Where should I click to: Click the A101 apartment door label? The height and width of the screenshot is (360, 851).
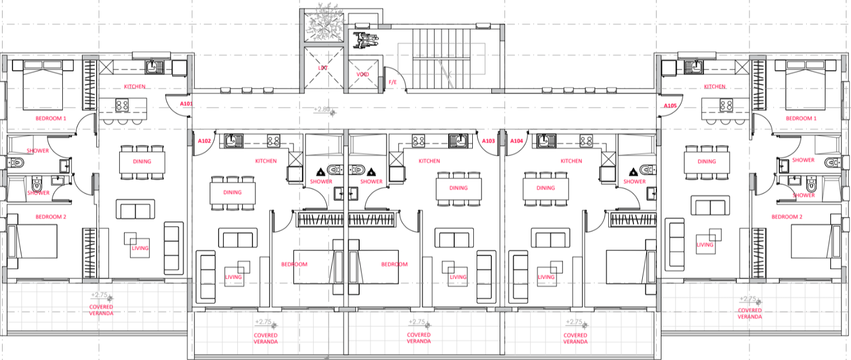186,103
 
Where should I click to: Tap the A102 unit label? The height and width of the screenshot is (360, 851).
204,141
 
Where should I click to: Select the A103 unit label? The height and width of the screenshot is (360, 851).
489,141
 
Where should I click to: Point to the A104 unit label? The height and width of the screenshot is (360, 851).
517,141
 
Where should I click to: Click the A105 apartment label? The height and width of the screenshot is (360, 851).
670,105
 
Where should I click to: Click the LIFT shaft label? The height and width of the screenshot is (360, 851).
323,68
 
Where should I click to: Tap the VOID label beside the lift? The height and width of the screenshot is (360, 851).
363,74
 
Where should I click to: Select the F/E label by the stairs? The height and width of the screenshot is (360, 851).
393,82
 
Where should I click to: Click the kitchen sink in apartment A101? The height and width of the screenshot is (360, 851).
154,67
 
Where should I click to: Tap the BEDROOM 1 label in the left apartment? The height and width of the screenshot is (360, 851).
51,119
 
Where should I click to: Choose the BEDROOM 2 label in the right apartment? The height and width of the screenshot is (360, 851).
787,217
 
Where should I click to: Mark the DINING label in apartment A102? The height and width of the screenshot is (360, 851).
232,192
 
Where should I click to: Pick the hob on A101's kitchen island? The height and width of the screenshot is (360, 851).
122,104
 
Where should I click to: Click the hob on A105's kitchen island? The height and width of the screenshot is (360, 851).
726,104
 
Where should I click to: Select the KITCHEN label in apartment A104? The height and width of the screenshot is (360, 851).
571,161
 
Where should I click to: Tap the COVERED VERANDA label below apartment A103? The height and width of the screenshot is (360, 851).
419,338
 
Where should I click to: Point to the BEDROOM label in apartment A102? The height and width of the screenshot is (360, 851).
295,264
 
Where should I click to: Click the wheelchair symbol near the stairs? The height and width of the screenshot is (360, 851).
366,39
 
